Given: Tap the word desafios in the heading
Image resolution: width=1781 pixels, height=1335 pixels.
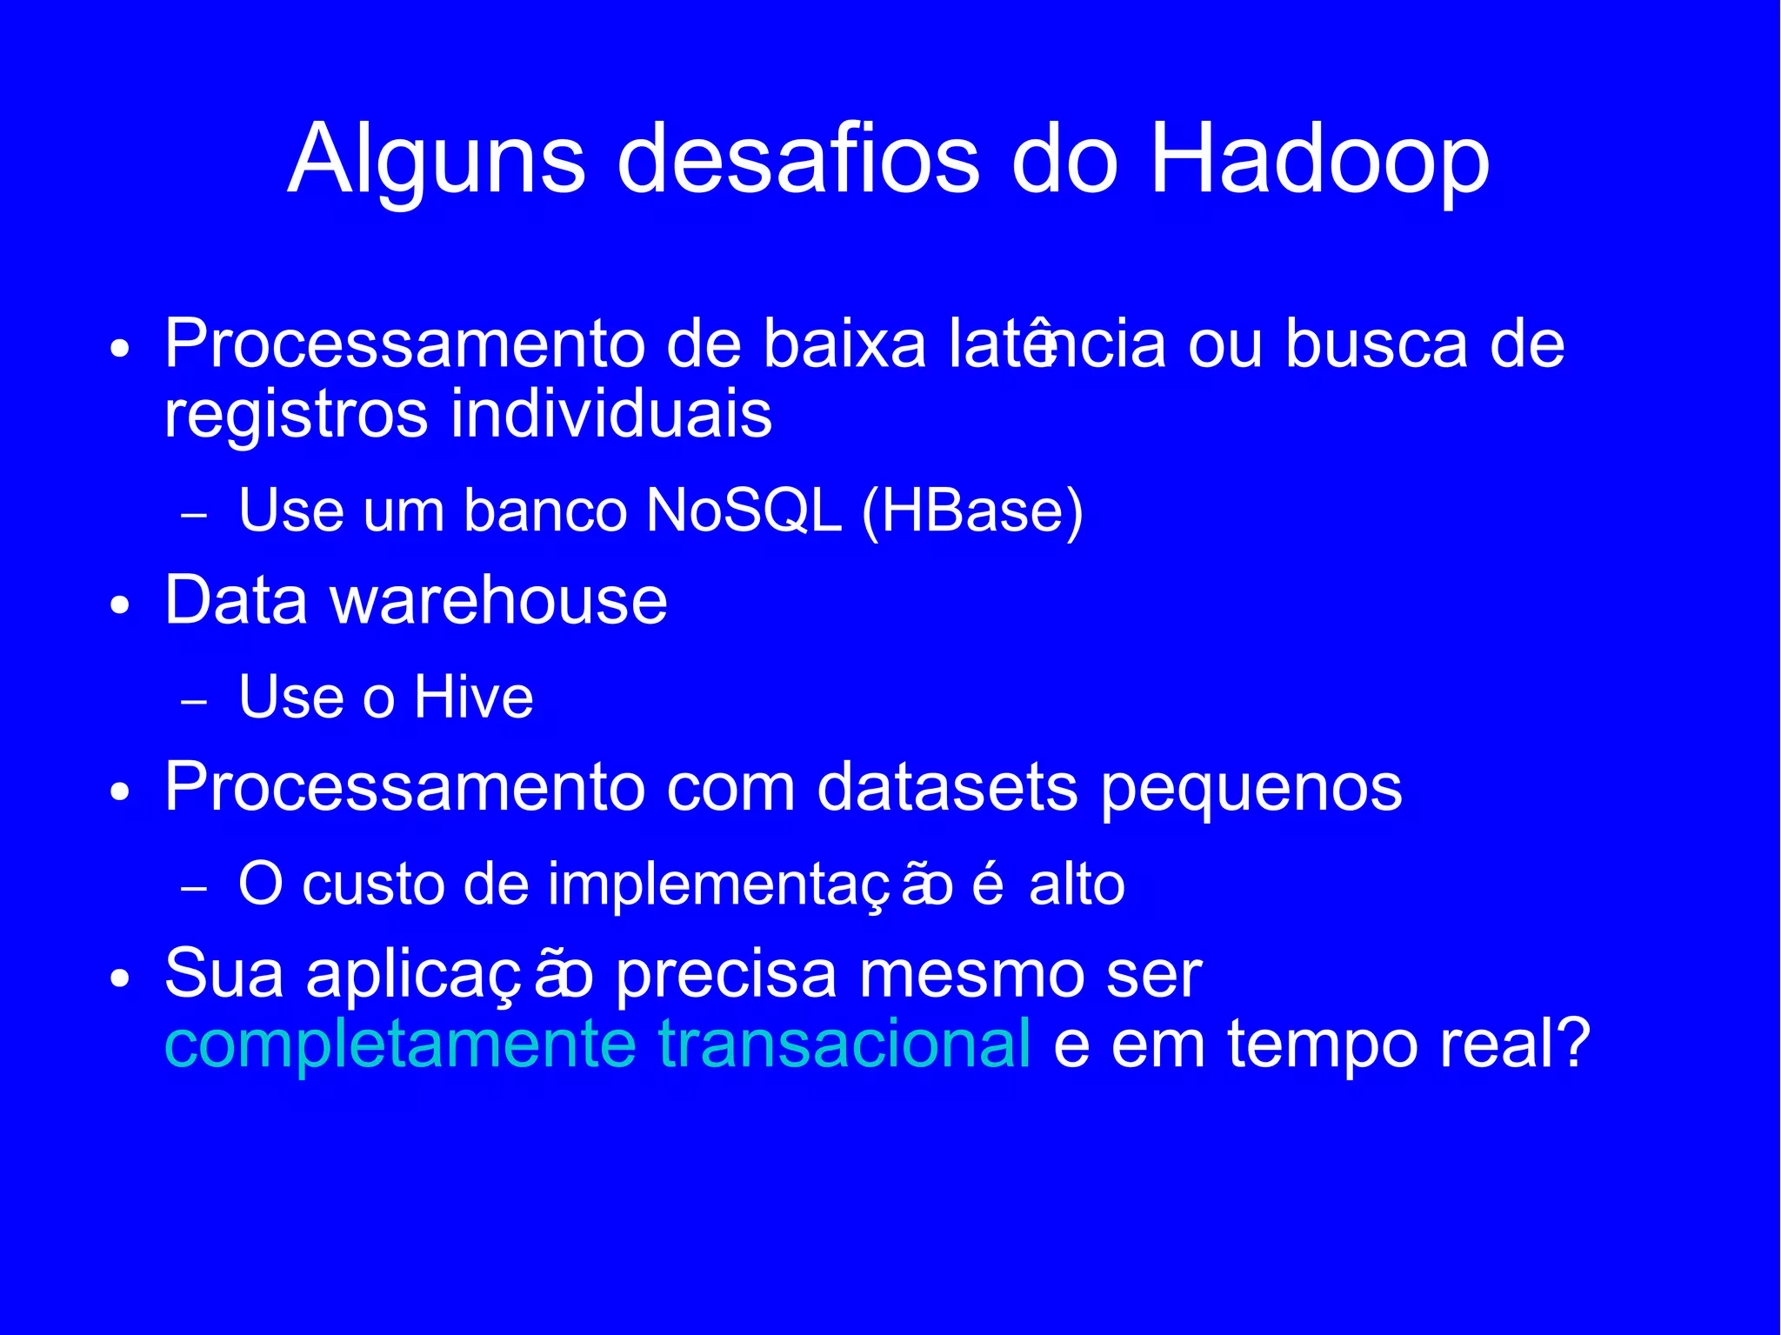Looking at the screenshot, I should [x=798, y=161].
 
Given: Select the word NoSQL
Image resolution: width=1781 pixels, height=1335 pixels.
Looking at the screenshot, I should [x=744, y=511].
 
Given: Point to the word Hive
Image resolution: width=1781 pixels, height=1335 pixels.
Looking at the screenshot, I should [x=473, y=698].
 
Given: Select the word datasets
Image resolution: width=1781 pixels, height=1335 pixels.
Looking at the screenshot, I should [x=948, y=787].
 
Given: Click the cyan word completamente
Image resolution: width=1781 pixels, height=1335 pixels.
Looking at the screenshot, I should [x=401, y=1044].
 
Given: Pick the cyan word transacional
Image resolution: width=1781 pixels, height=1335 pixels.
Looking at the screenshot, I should [x=844, y=1044].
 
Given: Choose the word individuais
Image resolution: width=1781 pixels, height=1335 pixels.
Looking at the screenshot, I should [x=610, y=414].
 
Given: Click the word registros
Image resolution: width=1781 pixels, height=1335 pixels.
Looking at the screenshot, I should [x=297, y=416].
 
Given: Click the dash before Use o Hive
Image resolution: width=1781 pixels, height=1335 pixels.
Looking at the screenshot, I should [x=194, y=702].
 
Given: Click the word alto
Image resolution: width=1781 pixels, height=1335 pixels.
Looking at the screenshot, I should [x=1077, y=885].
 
